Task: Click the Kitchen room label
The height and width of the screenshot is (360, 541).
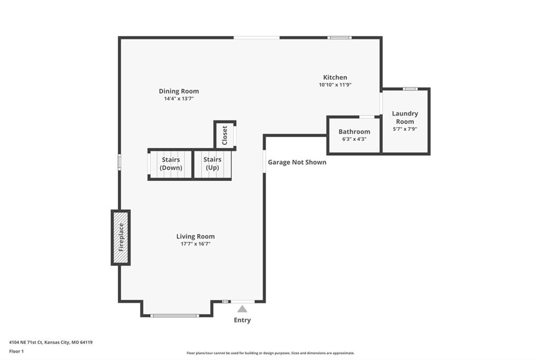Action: (335, 78)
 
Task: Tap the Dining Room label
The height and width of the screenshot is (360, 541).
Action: (179, 91)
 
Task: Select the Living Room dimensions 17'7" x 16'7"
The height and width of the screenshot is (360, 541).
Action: (195, 244)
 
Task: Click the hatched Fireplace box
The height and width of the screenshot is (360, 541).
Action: (121, 238)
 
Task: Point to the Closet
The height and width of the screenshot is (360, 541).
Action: (225, 135)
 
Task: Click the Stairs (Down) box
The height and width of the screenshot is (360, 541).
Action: (170, 164)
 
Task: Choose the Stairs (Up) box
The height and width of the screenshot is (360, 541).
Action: (212, 164)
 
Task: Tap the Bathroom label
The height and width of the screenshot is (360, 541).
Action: (355, 132)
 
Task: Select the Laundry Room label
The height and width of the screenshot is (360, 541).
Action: (405, 118)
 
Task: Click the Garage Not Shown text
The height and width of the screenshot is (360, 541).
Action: (297, 162)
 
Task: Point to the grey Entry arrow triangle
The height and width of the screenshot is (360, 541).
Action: (242, 309)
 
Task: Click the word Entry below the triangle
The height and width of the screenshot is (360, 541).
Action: (242, 320)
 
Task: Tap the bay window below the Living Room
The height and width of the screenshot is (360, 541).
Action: (175, 316)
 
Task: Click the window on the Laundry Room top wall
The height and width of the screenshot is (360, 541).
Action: (410, 89)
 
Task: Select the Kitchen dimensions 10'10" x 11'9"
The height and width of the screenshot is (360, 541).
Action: (335, 85)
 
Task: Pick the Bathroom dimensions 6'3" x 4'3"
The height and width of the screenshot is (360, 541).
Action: (355, 139)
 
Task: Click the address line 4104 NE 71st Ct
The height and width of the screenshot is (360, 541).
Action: (51, 343)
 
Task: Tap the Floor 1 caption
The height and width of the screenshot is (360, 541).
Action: (16, 352)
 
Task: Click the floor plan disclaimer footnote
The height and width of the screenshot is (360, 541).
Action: (270, 353)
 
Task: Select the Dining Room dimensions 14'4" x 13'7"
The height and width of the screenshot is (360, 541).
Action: (179, 99)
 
